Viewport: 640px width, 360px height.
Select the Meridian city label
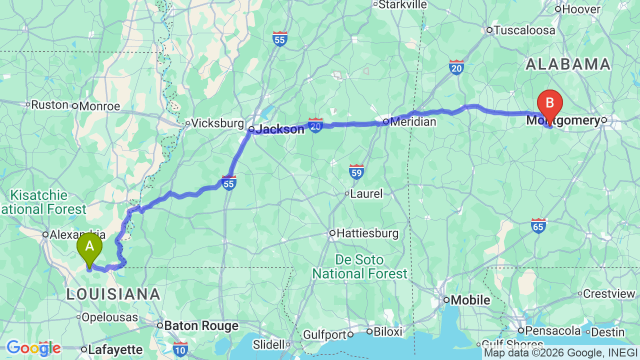(x=413, y=121)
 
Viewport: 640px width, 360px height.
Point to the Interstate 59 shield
(x=356, y=171)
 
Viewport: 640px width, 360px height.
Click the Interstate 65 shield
(x=538, y=226)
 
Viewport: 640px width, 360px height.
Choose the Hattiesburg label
(x=367, y=233)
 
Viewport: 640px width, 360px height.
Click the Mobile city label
(x=470, y=300)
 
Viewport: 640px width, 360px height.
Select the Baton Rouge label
(x=201, y=325)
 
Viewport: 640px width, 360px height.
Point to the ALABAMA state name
(x=567, y=64)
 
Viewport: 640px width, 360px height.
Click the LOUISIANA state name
(x=113, y=294)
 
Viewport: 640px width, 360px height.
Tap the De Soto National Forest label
(x=360, y=267)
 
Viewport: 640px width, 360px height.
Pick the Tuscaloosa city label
(x=524, y=30)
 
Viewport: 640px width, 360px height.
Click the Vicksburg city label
(x=217, y=123)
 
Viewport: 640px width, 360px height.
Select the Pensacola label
(x=553, y=330)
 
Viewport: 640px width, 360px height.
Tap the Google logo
(x=33, y=348)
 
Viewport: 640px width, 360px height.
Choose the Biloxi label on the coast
(x=387, y=331)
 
